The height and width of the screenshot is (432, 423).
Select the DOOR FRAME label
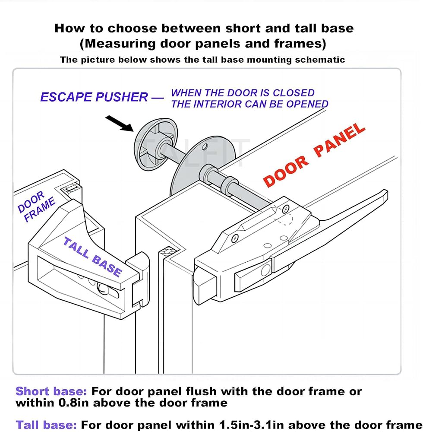(x=37, y=207)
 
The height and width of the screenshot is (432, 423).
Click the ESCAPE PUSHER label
(x=94, y=97)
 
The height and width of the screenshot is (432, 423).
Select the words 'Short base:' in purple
(x=51, y=392)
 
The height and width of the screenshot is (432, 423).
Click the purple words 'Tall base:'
(x=46, y=425)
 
